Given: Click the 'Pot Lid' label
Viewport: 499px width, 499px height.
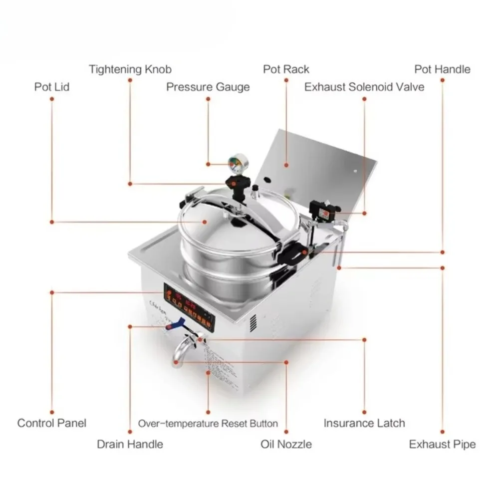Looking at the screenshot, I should point(51,87).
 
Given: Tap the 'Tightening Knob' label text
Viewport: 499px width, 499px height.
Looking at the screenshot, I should point(130,69).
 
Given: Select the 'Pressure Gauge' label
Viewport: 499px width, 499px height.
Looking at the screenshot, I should point(208,87).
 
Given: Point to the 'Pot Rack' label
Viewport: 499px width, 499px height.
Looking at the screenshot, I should point(286,69).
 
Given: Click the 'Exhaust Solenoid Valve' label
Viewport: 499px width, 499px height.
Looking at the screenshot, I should point(364,87).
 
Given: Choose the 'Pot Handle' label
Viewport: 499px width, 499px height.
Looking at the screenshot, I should point(442,69).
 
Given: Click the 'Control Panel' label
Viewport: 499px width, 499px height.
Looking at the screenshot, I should point(51,423).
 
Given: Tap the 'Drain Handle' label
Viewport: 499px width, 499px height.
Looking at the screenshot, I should point(130,444).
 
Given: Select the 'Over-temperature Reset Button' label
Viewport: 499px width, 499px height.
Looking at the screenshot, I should point(208,424).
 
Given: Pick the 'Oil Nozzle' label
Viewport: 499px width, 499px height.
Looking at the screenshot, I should point(286,444).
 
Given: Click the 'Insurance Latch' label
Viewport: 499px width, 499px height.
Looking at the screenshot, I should point(364,423).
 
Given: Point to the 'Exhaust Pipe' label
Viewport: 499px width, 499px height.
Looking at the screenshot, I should point(442,444).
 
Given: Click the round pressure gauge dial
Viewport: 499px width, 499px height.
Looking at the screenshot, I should point(234,163).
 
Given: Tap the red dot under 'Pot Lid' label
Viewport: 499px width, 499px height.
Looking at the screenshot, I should point(51,99).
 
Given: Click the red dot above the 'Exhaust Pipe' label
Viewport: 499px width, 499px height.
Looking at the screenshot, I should point(442,431).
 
